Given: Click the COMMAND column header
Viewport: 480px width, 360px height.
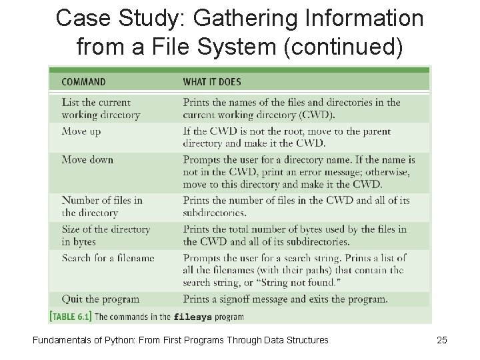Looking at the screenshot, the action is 83,82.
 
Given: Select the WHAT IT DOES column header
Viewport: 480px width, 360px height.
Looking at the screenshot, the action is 212,82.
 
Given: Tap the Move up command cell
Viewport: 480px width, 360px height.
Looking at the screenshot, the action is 81,131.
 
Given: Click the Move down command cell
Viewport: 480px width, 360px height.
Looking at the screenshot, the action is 87,159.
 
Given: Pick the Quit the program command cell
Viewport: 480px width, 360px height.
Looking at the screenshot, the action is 101,299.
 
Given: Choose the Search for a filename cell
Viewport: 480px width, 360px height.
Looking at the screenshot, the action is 108,258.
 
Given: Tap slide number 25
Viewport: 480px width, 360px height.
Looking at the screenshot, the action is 441,340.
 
